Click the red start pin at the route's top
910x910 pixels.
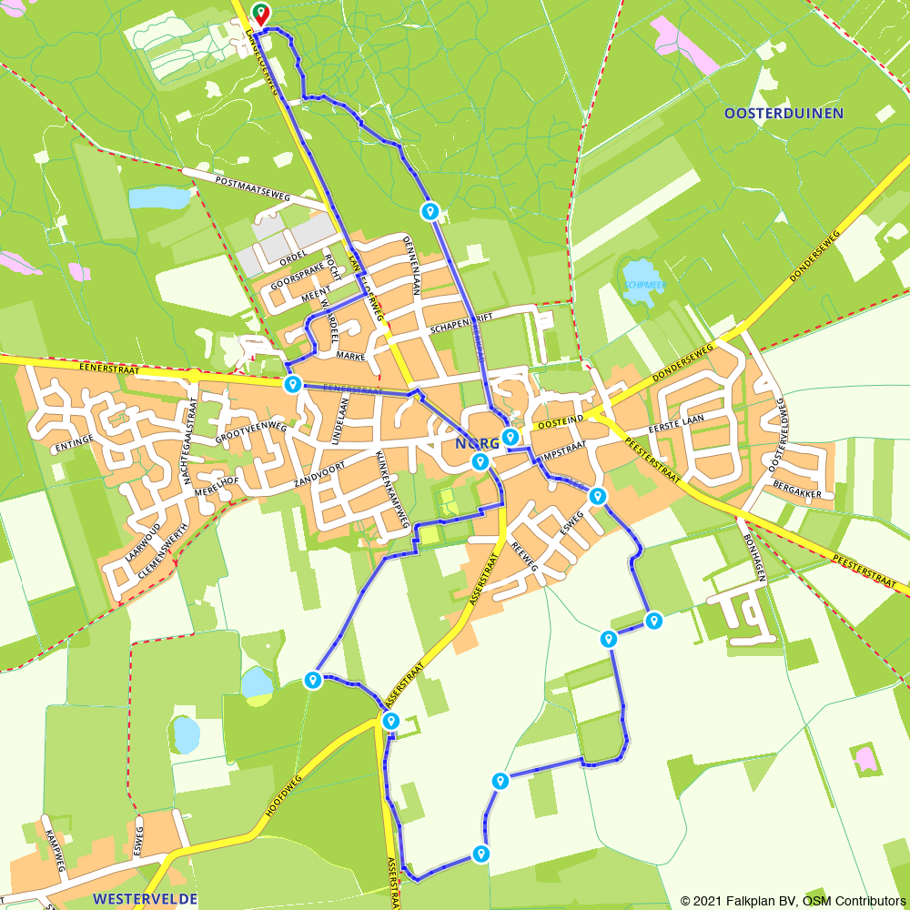coord(260,14)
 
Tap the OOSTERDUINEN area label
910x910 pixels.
coord(784,114)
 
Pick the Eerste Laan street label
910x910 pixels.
coord(676,427)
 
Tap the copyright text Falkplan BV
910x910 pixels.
coord(765,901)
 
